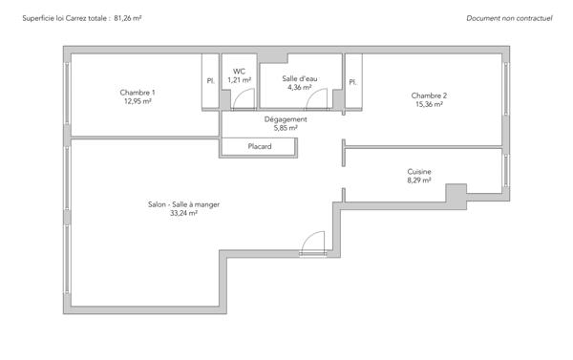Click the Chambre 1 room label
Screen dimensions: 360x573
138,92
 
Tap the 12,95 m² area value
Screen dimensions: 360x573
138,100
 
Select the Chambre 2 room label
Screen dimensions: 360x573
429,95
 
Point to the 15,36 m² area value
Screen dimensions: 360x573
429,104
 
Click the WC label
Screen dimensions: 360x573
239,71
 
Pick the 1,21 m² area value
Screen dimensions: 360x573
239,79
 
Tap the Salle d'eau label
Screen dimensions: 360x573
300,78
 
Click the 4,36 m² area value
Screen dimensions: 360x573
300,87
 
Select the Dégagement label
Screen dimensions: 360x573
286,119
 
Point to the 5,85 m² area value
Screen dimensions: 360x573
286,128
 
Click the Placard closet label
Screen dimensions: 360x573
259,147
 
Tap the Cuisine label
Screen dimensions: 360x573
419,171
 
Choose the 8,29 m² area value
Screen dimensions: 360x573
419,180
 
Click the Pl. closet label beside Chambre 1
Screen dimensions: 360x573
210,82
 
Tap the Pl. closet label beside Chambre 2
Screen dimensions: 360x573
352,82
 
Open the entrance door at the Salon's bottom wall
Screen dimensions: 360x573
312,245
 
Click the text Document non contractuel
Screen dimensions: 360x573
511,18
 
